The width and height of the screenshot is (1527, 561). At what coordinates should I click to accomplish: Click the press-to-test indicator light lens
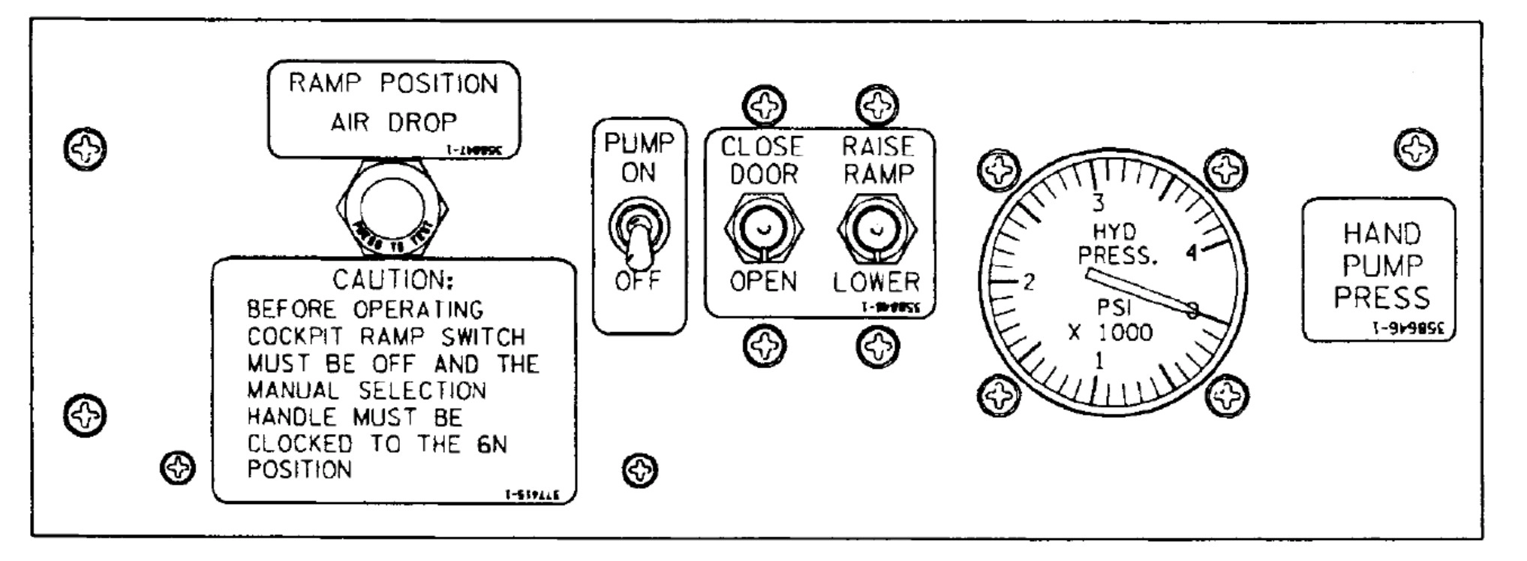(x=391, y=209)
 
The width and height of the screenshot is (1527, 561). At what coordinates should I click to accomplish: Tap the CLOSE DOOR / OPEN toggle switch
(x=764, y=228)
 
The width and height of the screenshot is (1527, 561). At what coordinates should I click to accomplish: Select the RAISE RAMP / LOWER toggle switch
(x=876, y=228)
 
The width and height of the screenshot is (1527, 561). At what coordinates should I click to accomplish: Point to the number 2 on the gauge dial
(x=1030, y=282)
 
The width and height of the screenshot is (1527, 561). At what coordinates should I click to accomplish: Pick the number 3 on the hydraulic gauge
(x=1099, y=202)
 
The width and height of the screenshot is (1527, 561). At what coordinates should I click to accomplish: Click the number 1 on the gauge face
(x=1099, y=360)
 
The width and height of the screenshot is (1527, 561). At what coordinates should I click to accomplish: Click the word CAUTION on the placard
(x=393, y=280)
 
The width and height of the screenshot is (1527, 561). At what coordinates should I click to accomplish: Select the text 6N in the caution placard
(x=491, y=444)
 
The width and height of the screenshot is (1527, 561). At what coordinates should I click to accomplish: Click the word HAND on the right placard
(x=1381, y=234)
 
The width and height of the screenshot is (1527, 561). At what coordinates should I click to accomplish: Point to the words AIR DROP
(x=393, y=122)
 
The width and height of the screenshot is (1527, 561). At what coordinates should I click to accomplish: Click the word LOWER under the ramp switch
(x=876, y=282)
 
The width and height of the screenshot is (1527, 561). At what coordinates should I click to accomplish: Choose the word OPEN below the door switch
(x=763, y=282)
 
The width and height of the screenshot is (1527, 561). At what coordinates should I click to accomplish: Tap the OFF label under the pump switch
(x=638, y=281)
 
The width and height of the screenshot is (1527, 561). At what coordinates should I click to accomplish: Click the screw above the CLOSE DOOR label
(x=765, y=105)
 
